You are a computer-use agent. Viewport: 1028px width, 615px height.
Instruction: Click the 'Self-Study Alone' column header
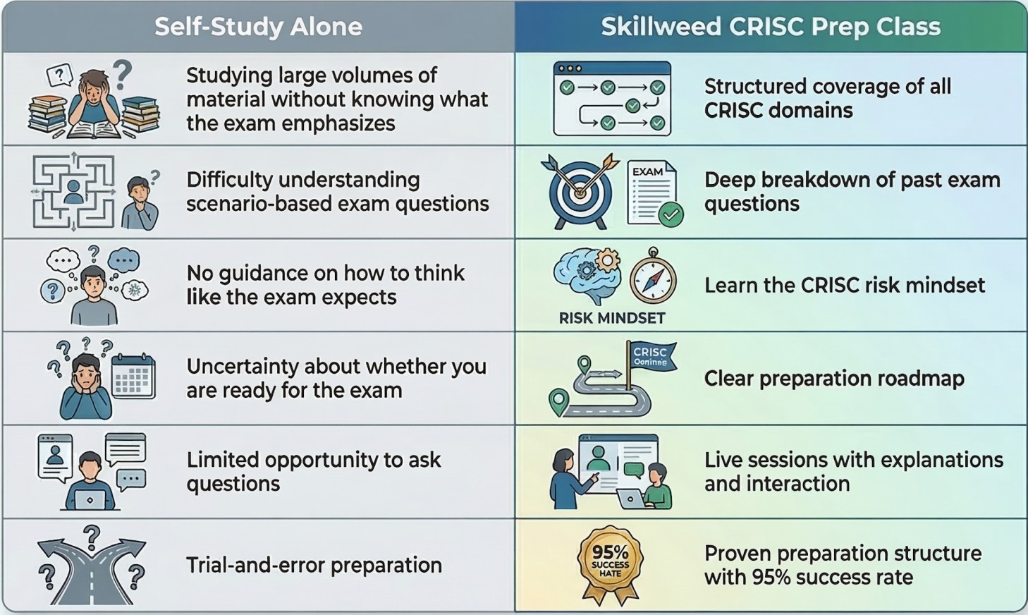258,27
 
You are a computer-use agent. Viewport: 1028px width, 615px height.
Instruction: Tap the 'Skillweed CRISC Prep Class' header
771,27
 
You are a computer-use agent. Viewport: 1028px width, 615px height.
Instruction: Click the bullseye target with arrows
580,191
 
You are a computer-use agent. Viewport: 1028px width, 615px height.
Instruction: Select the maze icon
73,192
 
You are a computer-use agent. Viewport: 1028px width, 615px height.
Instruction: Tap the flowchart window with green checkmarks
612,98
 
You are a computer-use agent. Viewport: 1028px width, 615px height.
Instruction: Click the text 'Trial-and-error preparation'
314,565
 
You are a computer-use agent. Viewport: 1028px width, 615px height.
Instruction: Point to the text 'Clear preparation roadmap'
834,379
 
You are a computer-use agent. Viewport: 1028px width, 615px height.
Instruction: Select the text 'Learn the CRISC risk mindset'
845,285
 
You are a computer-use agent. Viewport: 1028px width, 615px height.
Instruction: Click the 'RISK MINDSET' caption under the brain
612,318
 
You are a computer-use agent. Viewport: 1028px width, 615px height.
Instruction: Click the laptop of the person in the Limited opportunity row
90,499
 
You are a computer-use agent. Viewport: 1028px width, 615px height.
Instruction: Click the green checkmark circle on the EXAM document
671,214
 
